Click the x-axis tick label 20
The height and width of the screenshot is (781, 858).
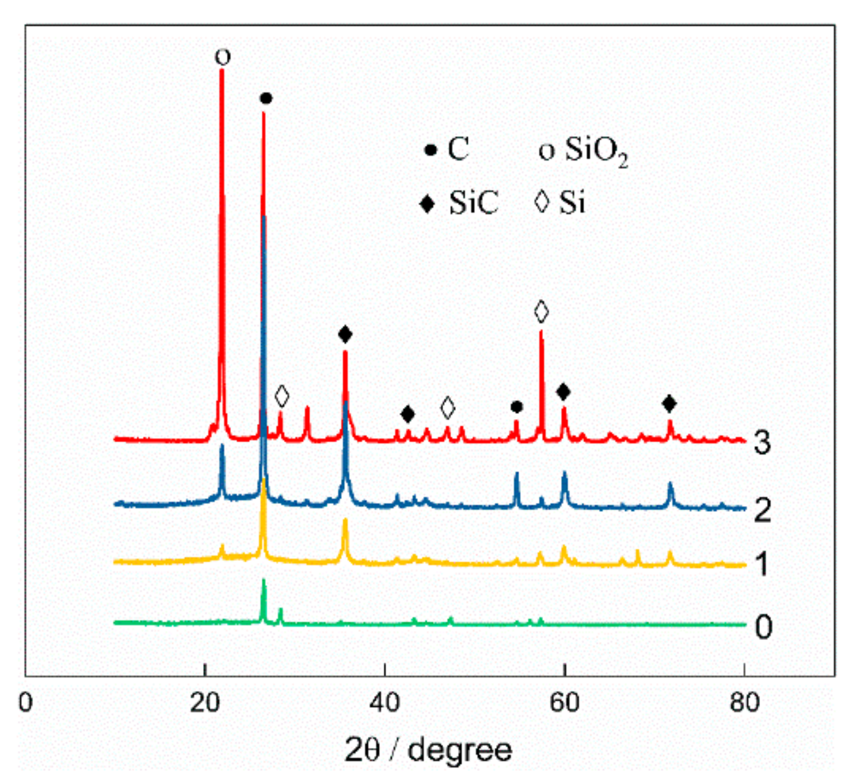(x=205, y=703)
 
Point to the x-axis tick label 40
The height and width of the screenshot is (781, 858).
(x=385, y=703)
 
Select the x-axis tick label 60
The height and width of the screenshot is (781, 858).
(x=564, y=703)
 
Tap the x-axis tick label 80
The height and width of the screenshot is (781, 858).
(x=744, y=703)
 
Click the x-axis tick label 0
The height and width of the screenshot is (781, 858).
(x=26, y=703)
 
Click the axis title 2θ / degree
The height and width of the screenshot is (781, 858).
(x=428, y=749)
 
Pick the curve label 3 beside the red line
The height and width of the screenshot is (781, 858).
(x=762, y=442)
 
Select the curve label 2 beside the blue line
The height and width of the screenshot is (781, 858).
(x=762, y=510)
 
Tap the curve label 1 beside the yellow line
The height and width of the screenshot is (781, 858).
(x=762, y=564)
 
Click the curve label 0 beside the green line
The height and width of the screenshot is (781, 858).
(x=763, y=627)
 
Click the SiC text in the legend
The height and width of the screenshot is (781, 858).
(x=473, y=203)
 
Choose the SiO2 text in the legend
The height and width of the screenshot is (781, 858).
(x=596, y=151)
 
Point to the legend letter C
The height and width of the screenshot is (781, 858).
(x=458, y=150)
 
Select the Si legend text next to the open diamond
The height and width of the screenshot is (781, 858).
(x=572, y=203)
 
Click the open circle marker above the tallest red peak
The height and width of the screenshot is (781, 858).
(x=223, y=57)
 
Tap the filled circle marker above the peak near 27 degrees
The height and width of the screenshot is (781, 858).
(x=266, y=99)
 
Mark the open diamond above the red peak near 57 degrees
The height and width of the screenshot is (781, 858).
(x=541, y=312)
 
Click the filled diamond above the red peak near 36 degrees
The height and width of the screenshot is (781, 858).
(x=345, y=335)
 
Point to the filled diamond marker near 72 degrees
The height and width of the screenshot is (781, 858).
(x=669, y=404)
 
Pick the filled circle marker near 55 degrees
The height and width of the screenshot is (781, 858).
(x=517, y=407)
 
